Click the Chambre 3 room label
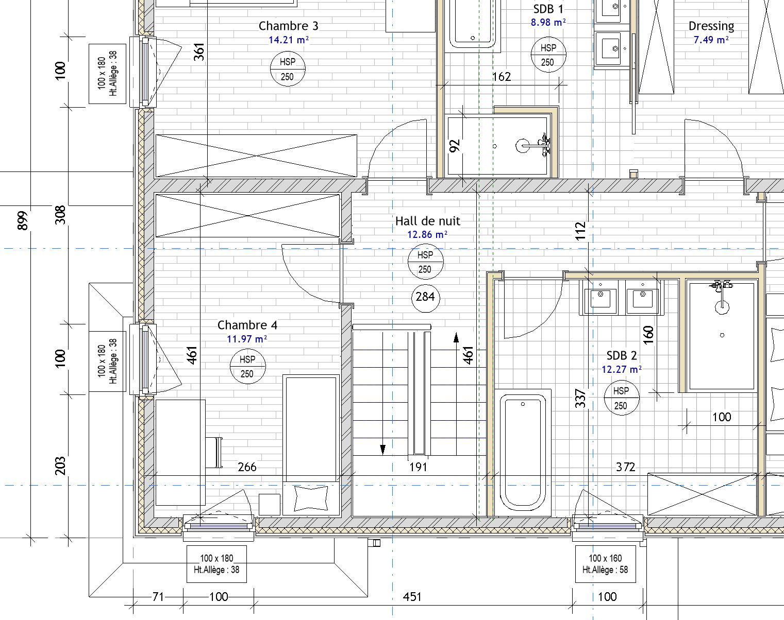click(288, 26)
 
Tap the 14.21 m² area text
click(289, 40)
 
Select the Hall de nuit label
click(428, 221)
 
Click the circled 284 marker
click(425, 297)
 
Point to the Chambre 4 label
click(247, 325)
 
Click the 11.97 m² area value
click(246, 339)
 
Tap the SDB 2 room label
click(622, 355)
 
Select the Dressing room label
click(711, 26)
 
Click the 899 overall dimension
click(23, 220)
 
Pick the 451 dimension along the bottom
click(412, 597)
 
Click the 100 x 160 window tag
click(605, 564)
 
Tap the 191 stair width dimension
click(418, 467)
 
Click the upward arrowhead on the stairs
click(456, 337)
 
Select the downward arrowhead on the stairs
click(382, 450)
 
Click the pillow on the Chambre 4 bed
click(311, 498)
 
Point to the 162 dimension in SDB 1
click(502, 77)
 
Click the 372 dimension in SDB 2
click(625, 467)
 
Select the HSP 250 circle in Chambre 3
click(288, 69)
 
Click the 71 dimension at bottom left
click(158, 597)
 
